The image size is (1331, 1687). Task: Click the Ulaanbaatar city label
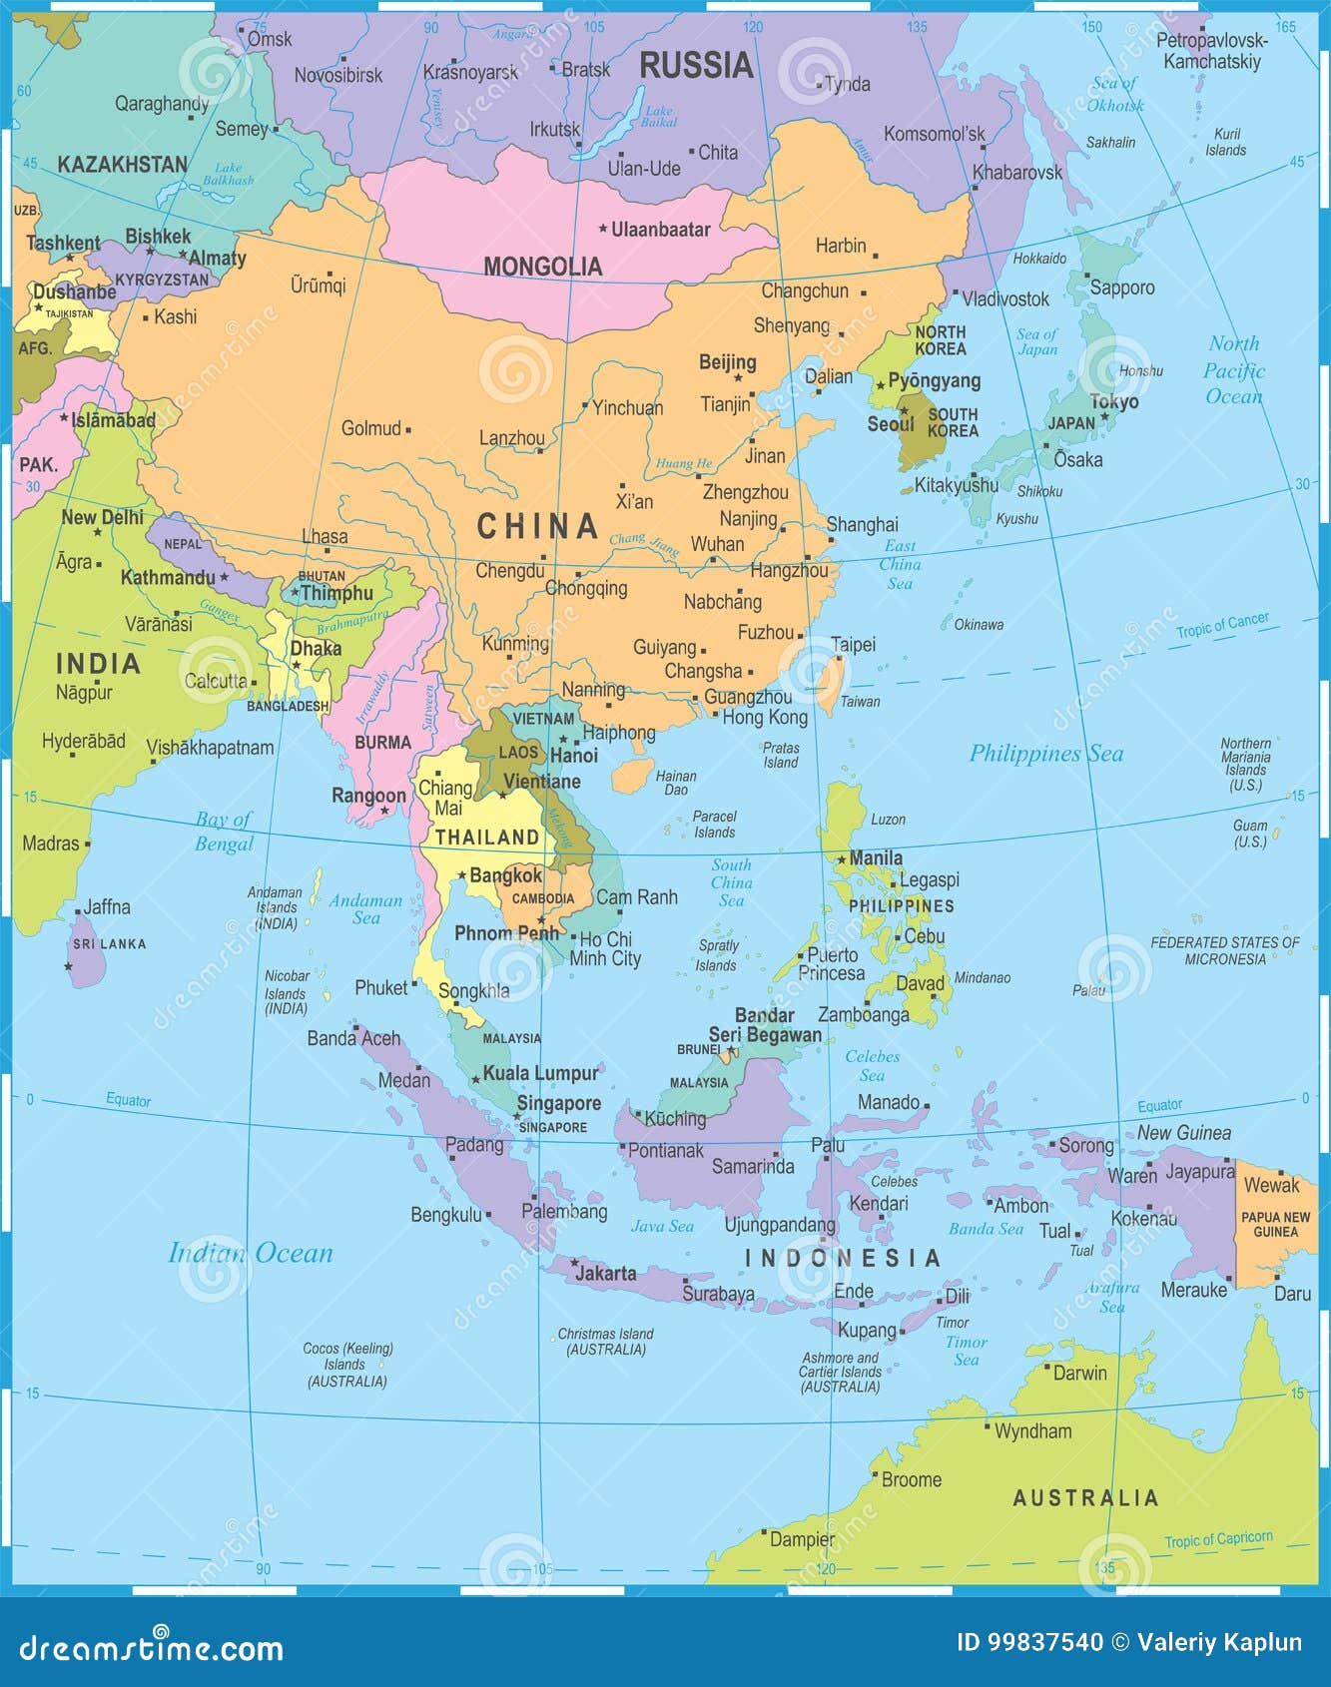[x=660, y=230]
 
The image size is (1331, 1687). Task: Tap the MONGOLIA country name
[x=542, y=267]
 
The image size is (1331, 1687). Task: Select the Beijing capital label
[x=727, y=362]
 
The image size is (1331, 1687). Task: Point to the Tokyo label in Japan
[x=1113, y=401]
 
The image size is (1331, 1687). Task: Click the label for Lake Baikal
[x=659, y=117]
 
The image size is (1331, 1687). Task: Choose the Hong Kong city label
[x=764, y=717]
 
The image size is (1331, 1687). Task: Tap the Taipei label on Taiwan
[x=853, y=645]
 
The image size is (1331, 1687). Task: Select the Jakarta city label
[x=605, y=1273]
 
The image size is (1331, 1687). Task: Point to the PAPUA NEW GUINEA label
[x=1275, y=1224]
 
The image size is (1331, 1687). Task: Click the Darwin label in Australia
[x=1079, y=1373]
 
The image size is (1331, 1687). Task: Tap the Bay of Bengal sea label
[x=224, y=832]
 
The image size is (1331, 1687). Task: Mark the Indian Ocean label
[x=250, y=1253]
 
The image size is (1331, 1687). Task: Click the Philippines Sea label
[x=1045, y=754]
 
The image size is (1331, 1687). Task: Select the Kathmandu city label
[x=168, y=577]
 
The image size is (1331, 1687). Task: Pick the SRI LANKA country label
[x=109, y=943]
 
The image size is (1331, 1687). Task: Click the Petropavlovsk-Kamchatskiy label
[x=1211, y=51]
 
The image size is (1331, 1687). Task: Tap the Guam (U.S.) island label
[x=1249, y=834]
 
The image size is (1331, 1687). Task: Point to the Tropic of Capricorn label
[x=1217, y=1539]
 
